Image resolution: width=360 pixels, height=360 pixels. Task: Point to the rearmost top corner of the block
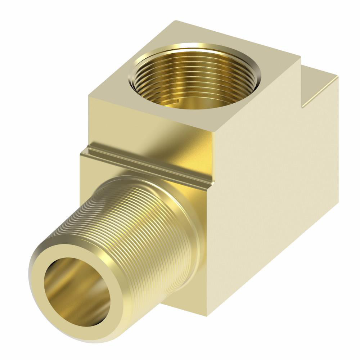[173, 21]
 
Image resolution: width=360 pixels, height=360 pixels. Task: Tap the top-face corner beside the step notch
[300, 58]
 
